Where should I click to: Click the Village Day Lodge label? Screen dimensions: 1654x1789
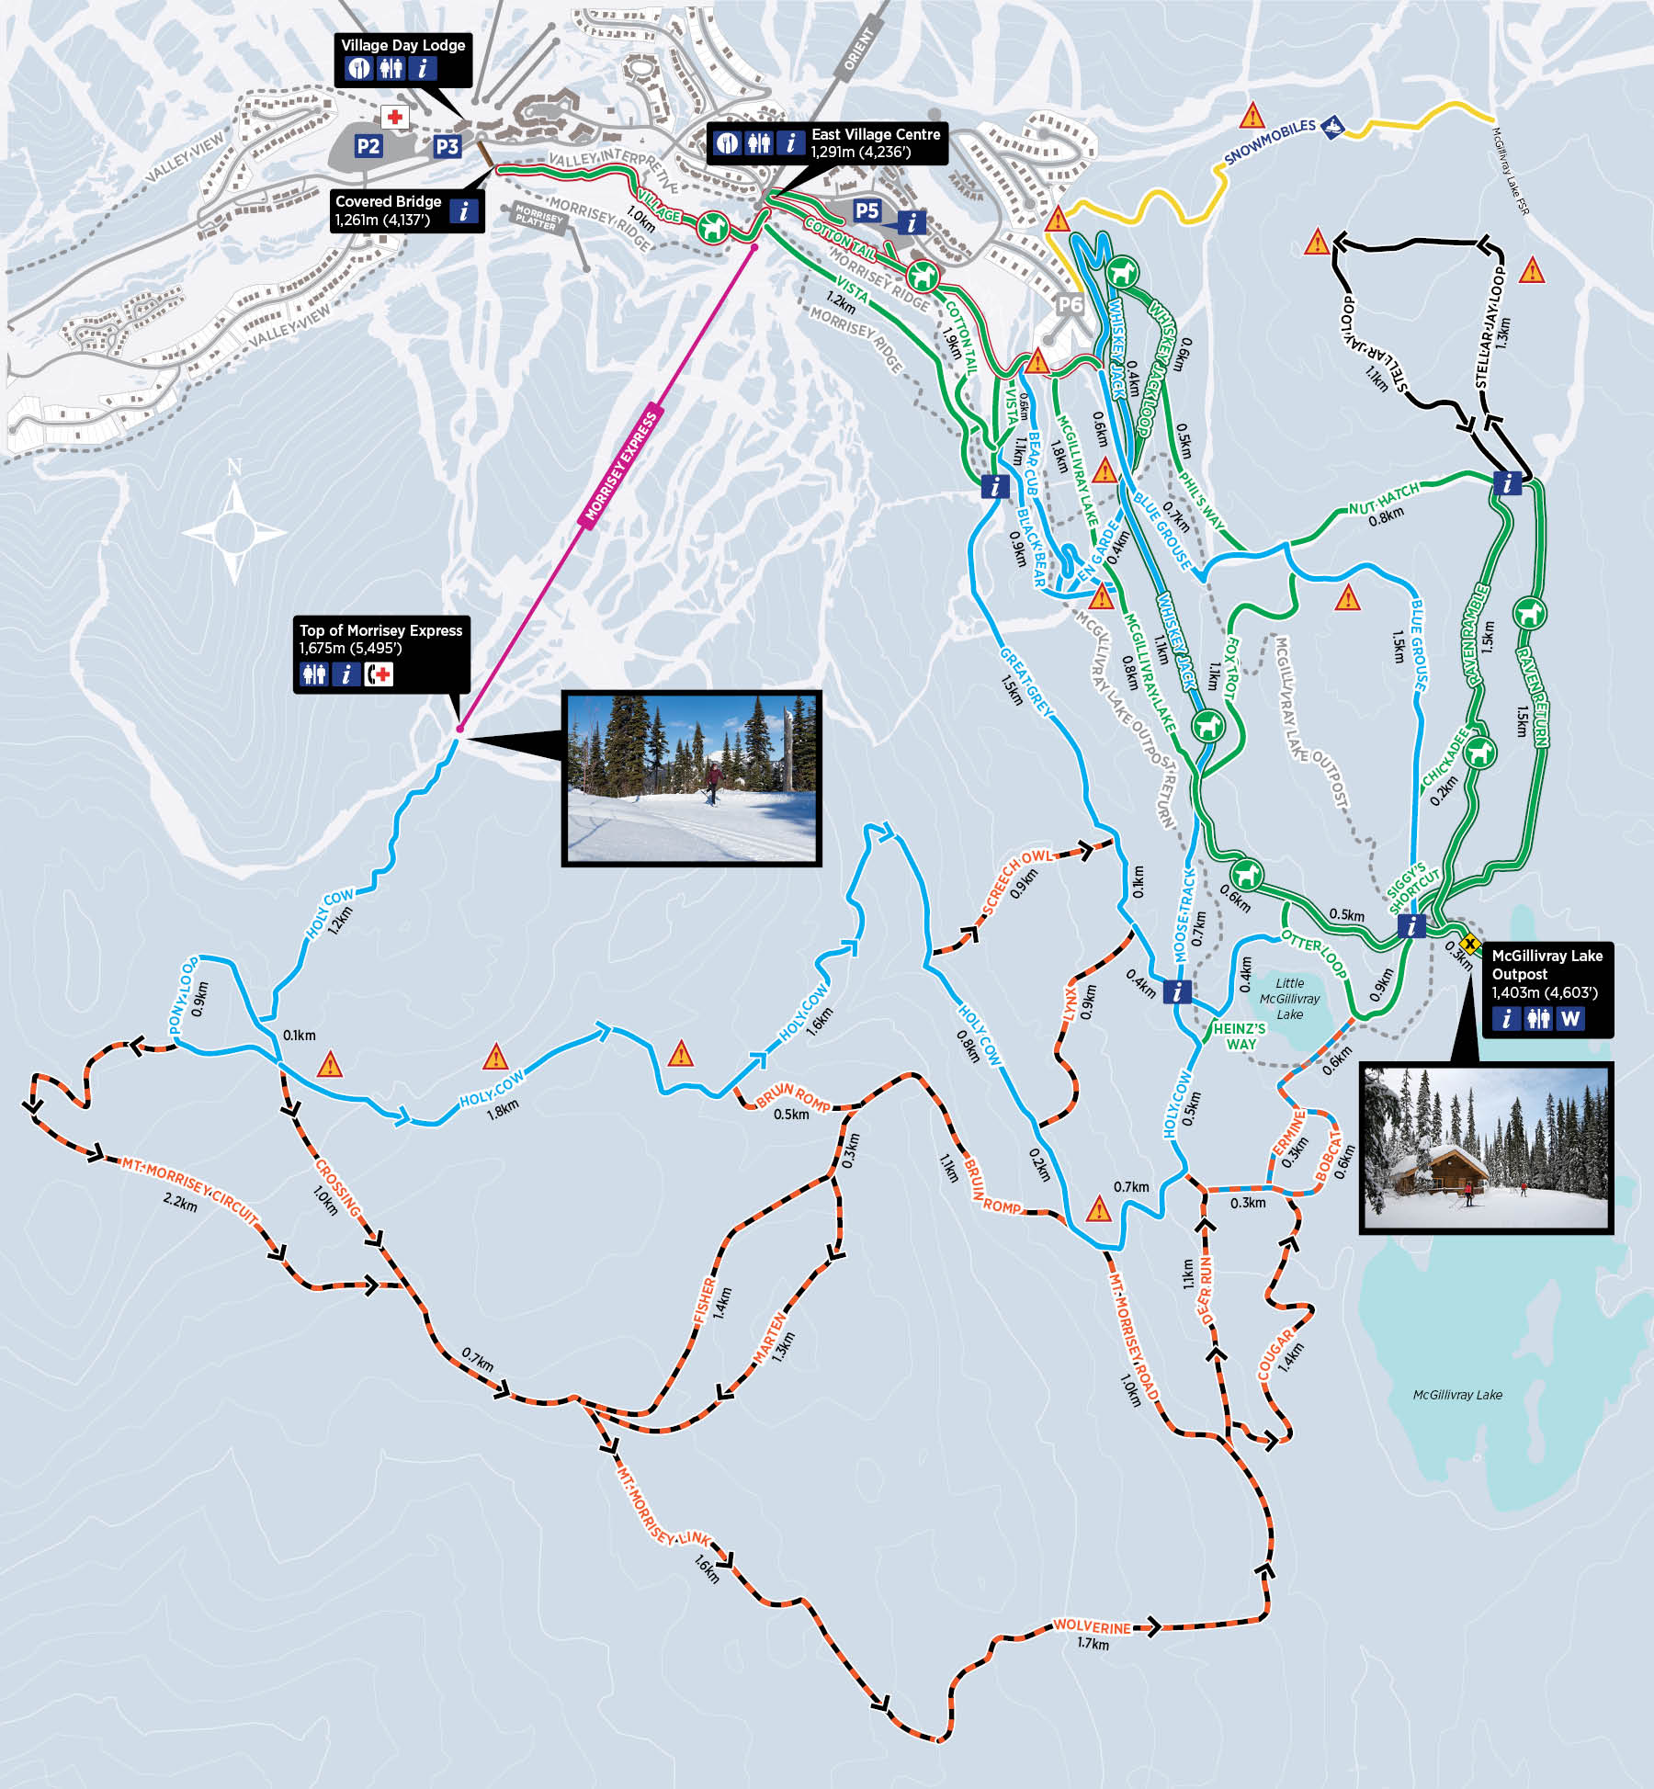pyautogui.click(x=402, y=45)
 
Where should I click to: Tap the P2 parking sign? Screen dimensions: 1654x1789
pyautogui.click(x=368, y=146)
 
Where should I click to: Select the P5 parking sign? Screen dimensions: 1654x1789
pyautogui.click(x=867, y=211)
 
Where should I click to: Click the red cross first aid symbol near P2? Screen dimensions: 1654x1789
pyautogui.click(x=395, y=117)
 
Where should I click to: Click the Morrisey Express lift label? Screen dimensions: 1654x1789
pyautogui.click(x=622, y=467)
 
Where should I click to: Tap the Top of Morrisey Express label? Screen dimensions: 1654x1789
pyautogui.click(x=380, y=630)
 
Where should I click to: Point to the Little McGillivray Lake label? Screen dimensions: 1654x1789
pyautogui.click(x=1289, y=999)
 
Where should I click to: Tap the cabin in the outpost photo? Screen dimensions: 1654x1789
pyautogui.click(x=1438, y=1171)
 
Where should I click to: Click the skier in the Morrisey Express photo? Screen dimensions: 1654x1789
pyautogui.click(x=713, y=784)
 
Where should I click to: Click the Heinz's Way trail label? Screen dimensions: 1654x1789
pyautogui.click(x=1240, y=1036)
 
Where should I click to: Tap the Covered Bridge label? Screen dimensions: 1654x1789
pyautogui.click(x=388, y=201)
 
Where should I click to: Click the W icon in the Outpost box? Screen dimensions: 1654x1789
pyautogui.click(x=1569, y=1019)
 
